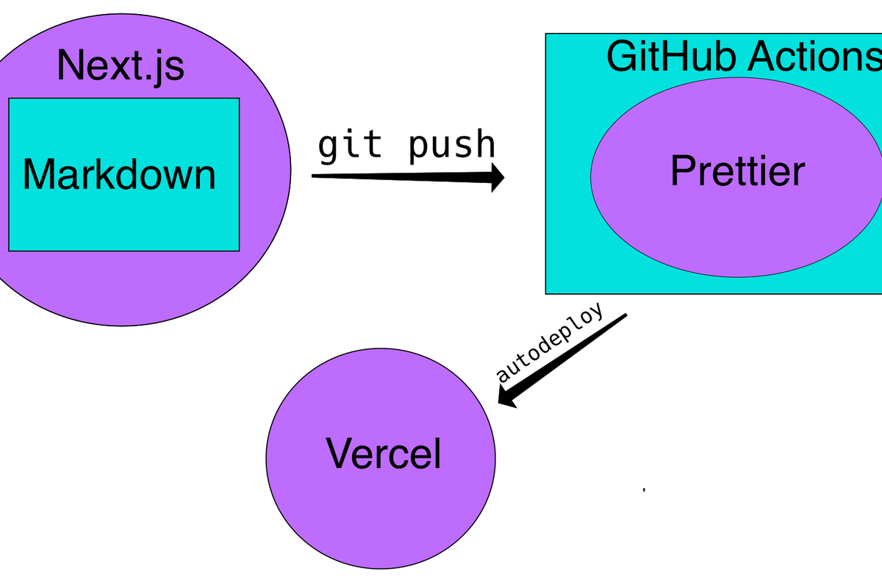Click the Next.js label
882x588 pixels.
pos(121,66)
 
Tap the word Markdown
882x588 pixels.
pos(120,175)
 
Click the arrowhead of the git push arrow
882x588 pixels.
pos(497,177)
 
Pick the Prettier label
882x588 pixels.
pos(737,171)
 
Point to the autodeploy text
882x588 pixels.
pos(550,343)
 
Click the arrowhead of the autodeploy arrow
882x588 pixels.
pos(507,399)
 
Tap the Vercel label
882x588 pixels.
pos(384,453)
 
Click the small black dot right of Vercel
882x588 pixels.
pos(644,490)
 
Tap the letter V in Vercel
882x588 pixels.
pos(339,453)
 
